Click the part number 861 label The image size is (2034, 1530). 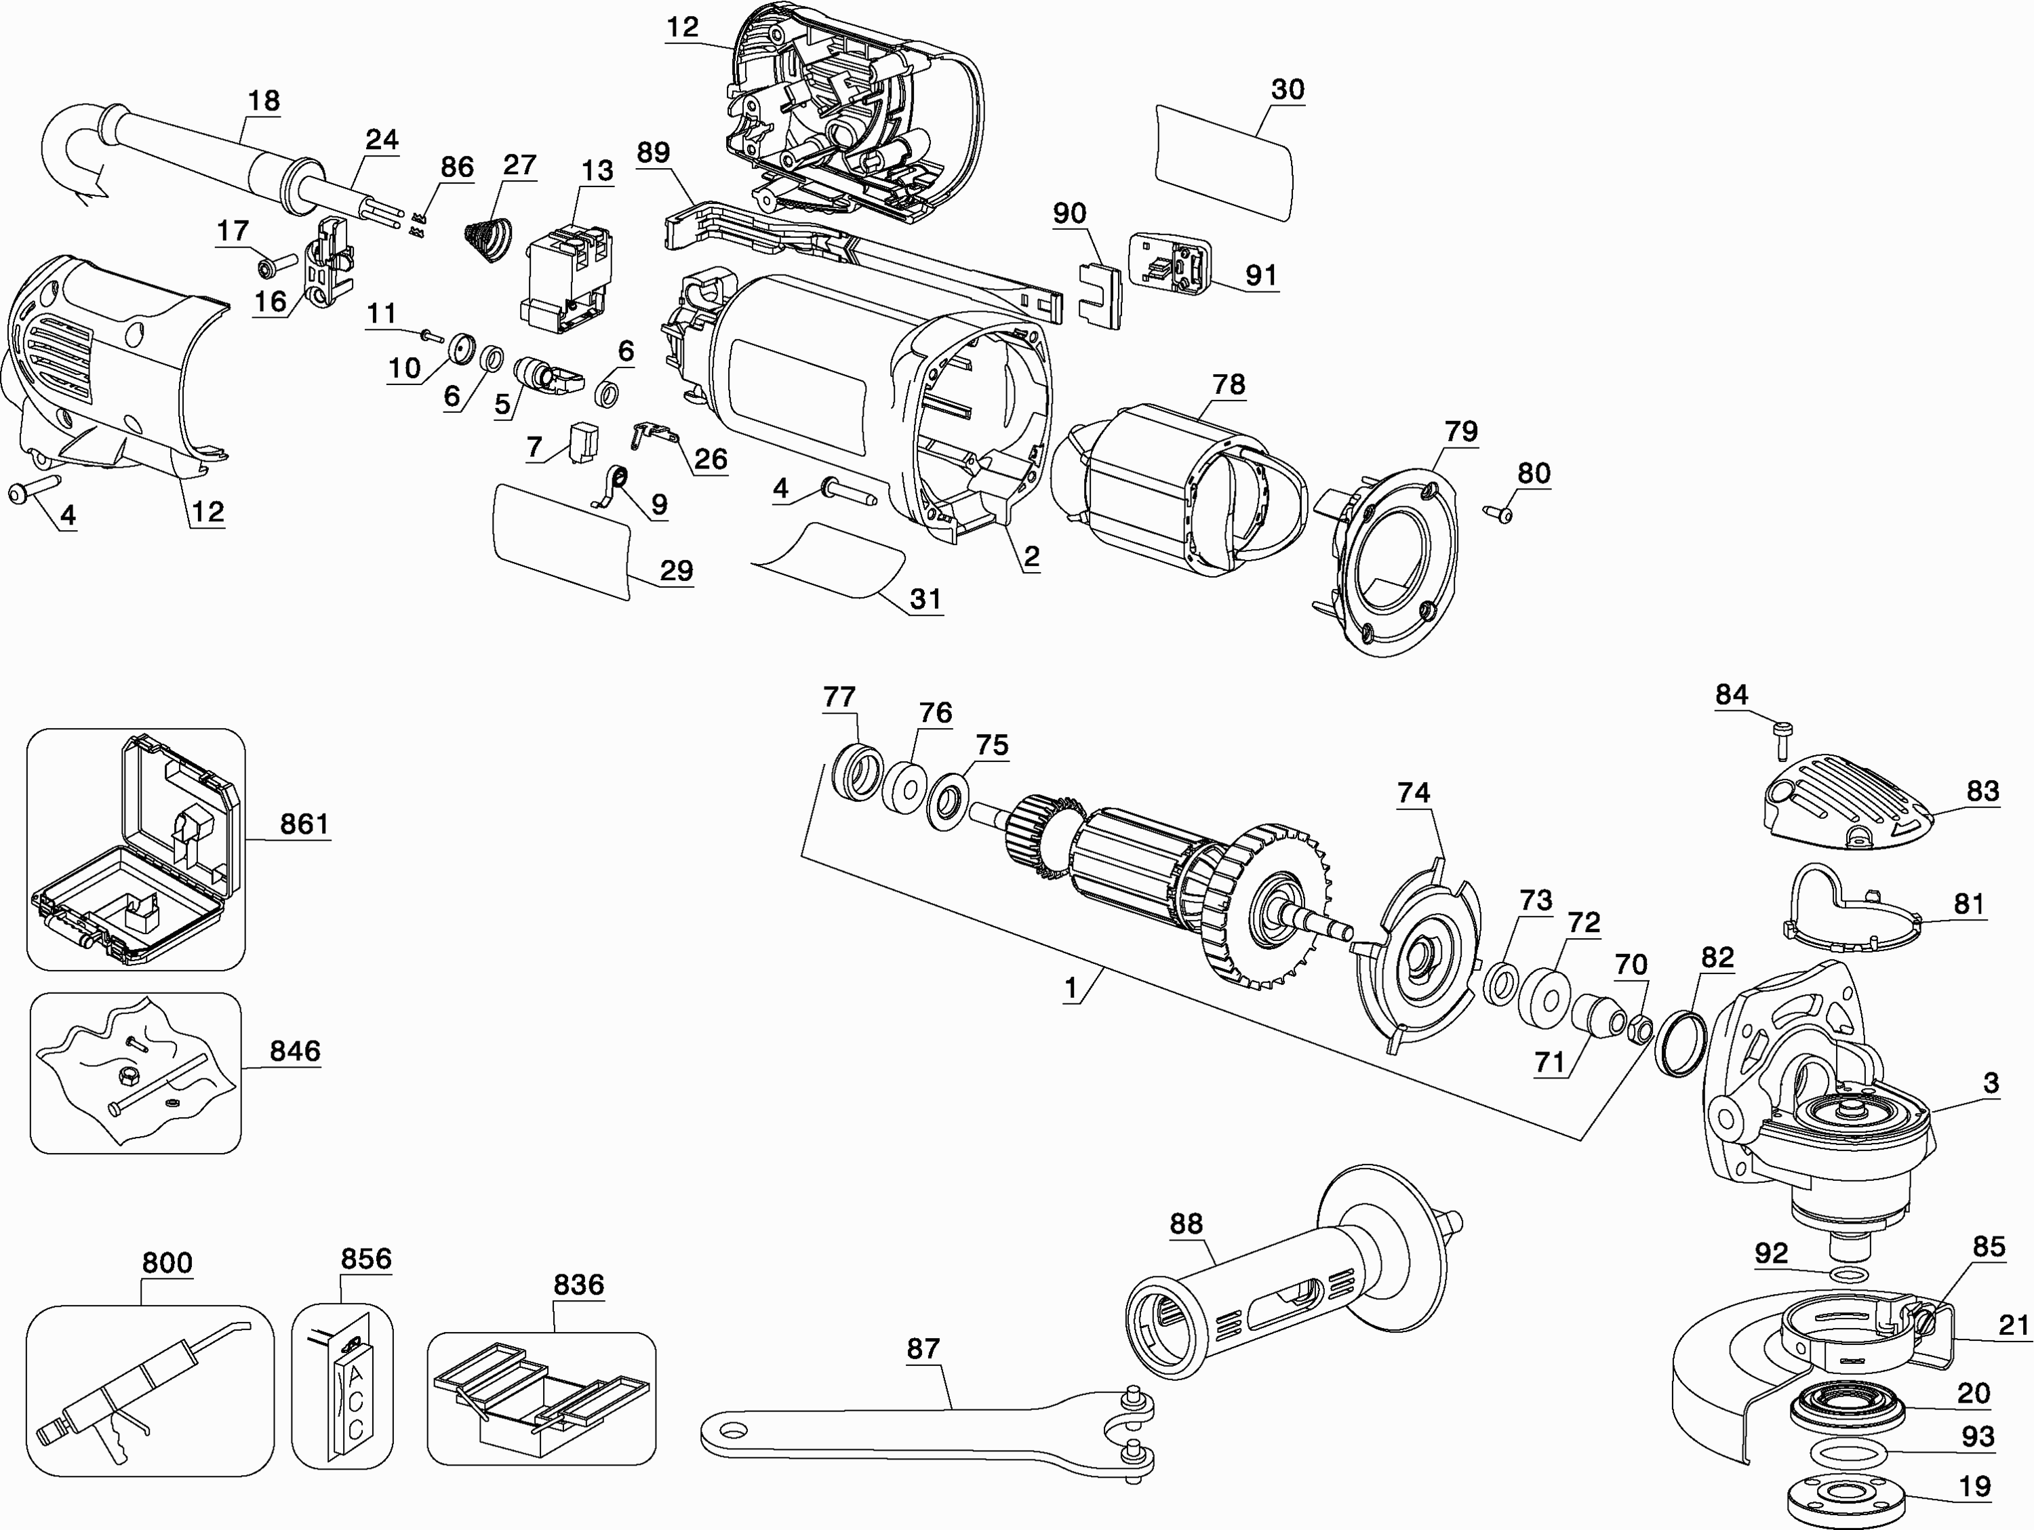[304, 823]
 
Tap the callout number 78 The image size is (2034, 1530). [1229, 384]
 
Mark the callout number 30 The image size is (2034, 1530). [1288, 89]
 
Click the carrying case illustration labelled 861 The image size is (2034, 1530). [135, 849]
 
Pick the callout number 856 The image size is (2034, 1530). [366, 1258]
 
